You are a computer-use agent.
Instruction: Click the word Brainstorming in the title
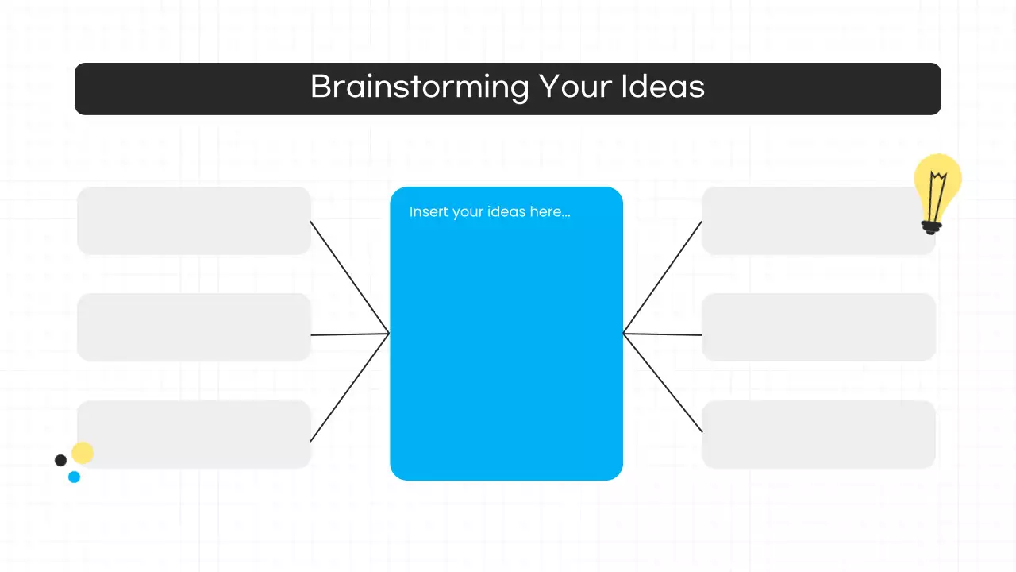419,87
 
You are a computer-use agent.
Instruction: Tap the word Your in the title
574,87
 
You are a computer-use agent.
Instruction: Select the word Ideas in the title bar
663,87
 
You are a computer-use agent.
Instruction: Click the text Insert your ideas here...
490,212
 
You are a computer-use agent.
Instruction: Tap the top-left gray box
194,221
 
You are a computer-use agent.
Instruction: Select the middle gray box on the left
194,327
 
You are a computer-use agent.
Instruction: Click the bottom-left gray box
194,434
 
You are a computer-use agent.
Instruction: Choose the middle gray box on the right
818,327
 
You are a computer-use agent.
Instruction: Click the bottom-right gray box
818,434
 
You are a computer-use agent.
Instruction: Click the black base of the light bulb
931,227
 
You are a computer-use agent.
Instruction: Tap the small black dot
60,460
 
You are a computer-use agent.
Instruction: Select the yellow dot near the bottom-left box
83,453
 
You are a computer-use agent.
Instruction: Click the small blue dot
74,477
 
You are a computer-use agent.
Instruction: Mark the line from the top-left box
349,277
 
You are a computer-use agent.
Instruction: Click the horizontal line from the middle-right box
663,334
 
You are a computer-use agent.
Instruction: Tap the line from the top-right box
663,277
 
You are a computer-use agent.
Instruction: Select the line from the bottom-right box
663,383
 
